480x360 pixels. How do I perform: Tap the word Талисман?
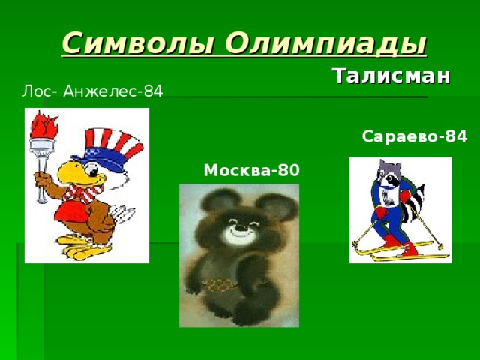[x=391, y=76]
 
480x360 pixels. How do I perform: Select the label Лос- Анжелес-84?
[x=93, y=91]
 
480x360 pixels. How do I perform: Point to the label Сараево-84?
[x=414, y=136]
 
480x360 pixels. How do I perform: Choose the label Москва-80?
[x=251, y=170]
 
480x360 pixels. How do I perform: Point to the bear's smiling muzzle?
[x=239, y=232]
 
